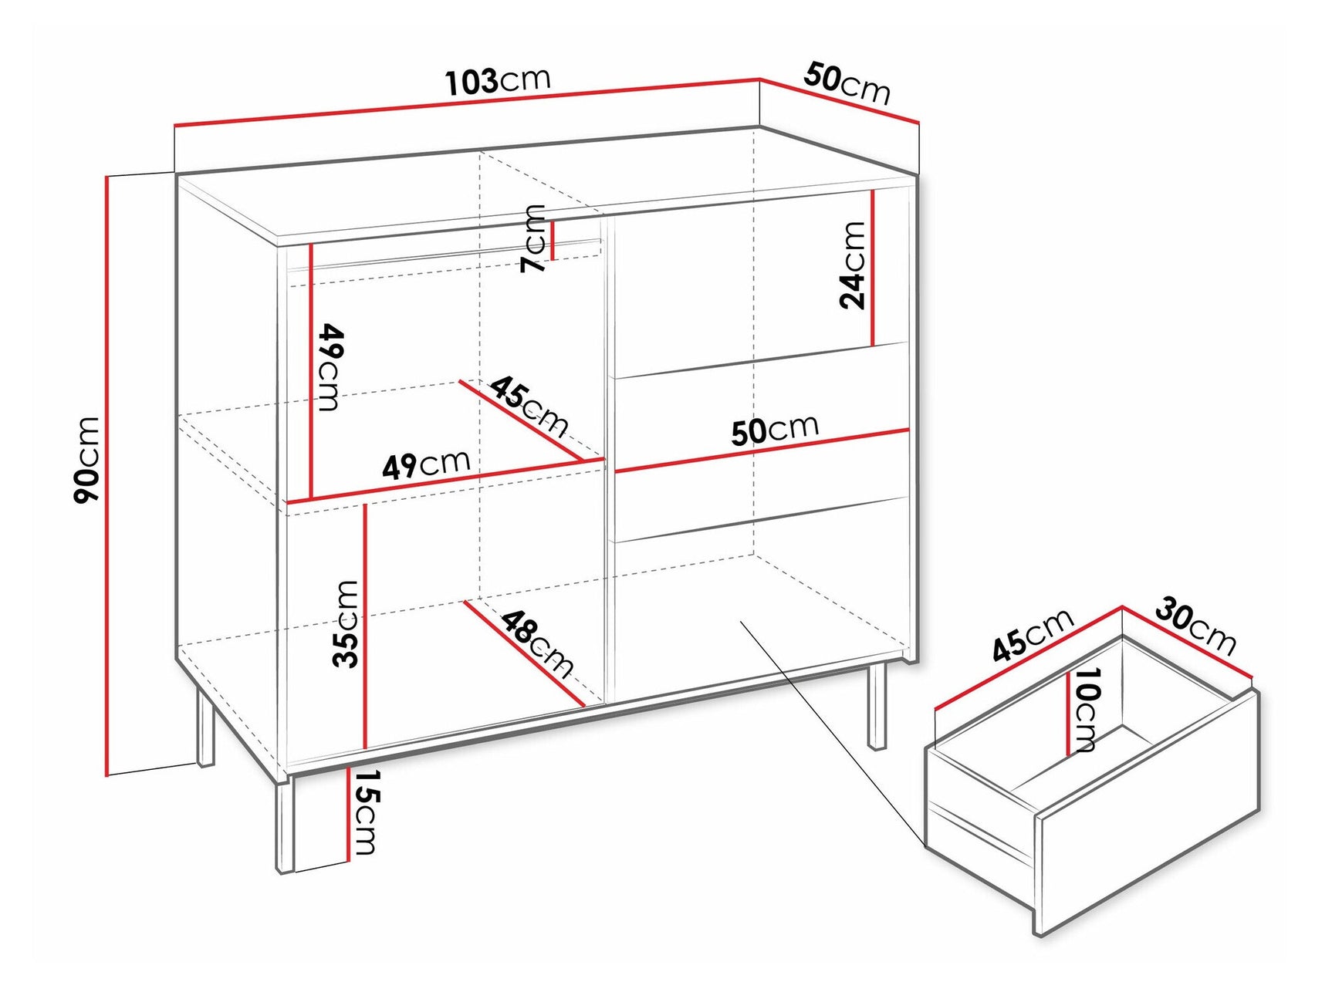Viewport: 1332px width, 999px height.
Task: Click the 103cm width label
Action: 498,81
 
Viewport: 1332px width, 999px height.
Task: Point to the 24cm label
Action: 853,265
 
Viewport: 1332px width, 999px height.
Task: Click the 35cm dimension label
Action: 345,623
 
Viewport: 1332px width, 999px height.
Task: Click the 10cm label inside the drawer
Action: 1085,709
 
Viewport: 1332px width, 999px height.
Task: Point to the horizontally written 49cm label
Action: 426,464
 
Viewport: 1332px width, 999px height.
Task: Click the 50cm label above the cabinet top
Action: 847,83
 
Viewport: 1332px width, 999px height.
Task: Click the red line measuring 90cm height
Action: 106,474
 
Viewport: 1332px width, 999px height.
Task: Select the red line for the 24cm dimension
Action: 872,268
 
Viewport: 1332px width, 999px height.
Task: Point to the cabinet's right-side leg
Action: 877,706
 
